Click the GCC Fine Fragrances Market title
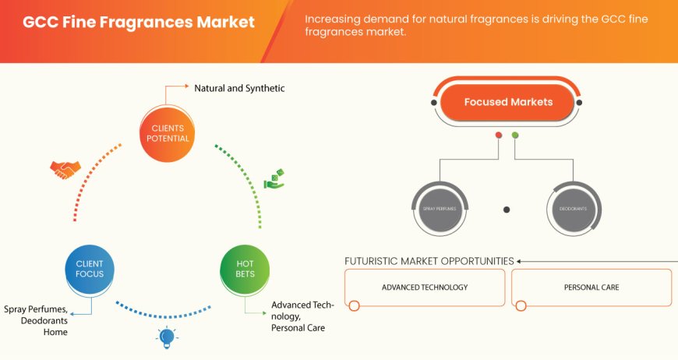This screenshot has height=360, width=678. tap(139, 21)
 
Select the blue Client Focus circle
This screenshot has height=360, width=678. tap(90, 269)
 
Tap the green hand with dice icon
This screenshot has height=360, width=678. tap(274, 178)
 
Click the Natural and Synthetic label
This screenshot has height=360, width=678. tap(239, 88)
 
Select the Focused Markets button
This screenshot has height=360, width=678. tap(508, 102)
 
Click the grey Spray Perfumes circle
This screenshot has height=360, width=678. tap(439, 209)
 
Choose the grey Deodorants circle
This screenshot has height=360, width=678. tap(573, 209)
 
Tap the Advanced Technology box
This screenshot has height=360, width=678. tap(425, 288)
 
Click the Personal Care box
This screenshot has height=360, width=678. tap(591, 288)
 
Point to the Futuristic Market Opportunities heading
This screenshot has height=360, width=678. tap(429, 261)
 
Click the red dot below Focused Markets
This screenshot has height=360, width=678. tap(499, 135)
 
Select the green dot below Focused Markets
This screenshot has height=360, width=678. tap(515, 135)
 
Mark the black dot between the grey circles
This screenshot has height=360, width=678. tap(507, 209)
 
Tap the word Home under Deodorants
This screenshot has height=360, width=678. tap(56, 332)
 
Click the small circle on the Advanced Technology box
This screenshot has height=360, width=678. tap(354, 305)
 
